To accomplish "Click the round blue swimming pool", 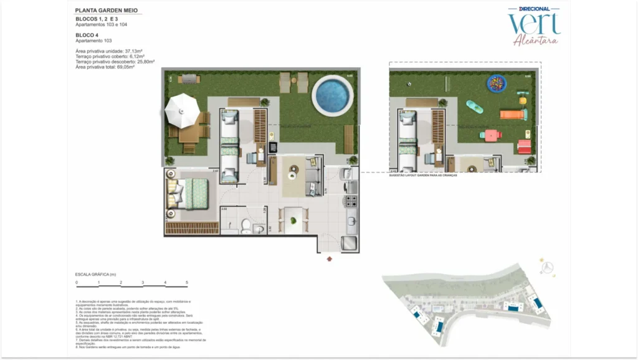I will coord(333,95).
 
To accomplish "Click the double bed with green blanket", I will coord(191,193).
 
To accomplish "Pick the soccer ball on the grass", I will coord(409,84).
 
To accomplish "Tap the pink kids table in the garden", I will coord(491,135).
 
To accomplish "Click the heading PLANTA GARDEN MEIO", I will coord(107,11).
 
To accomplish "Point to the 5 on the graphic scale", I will coord(187,282).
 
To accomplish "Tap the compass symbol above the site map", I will coord(548,267).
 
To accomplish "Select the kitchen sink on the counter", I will coord(351,219).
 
